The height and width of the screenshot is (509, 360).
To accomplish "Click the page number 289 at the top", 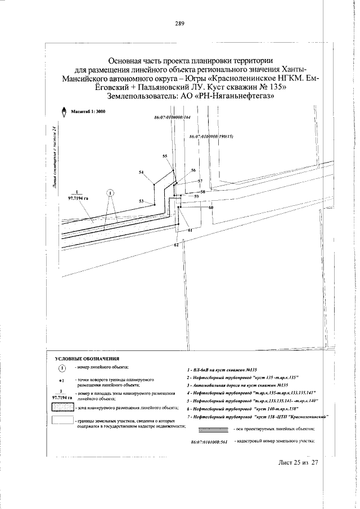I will (180, 24).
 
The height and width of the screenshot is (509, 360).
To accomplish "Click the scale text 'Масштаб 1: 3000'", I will (88, 112).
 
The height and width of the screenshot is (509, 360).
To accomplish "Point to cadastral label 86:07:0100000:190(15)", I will (211, 137).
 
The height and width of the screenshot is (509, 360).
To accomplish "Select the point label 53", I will (142, 201).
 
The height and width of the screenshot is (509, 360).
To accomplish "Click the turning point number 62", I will (177, 245).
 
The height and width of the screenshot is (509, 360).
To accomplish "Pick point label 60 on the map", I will (211, 208).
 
